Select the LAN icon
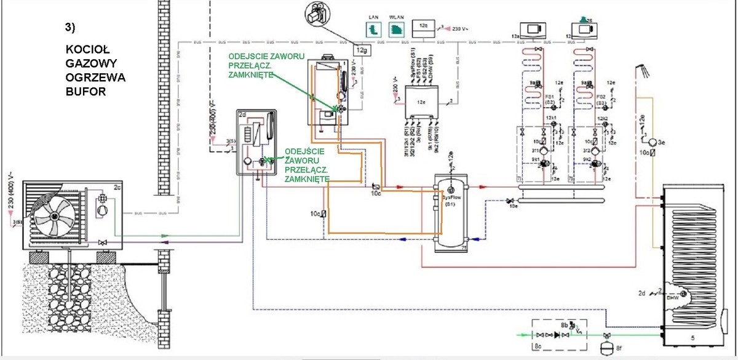pos(372,29)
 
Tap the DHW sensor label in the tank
pos(672,297)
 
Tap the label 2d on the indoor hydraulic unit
pos(242,114)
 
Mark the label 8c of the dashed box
pos(536,348)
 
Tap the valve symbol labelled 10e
pos(510,201)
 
